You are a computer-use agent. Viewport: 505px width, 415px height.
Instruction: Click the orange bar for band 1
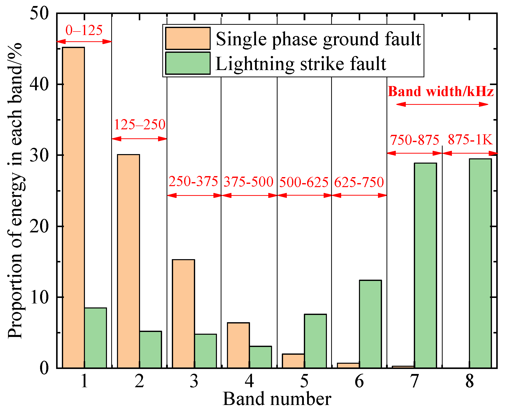click(73, 208)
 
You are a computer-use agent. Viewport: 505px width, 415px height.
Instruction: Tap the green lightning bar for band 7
click(425, 265)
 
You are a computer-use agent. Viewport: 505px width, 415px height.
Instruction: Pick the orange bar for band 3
click(183, 314)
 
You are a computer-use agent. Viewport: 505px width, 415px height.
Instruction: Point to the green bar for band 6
click(370, 324)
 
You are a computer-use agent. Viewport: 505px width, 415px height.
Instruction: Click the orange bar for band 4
click(238, 345)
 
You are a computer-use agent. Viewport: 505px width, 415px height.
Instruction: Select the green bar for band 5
click(315, 341)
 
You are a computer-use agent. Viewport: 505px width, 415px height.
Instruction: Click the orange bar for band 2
click(128, 261)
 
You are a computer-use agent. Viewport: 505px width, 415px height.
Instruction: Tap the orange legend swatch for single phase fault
click(188, 38)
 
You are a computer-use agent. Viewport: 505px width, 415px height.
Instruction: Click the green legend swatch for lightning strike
click(188, 63)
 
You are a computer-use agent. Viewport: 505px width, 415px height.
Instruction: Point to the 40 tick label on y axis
click(39, 85)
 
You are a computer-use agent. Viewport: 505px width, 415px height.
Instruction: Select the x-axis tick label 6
click(359, 381)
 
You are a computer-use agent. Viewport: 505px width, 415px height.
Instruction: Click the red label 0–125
click(84, 30)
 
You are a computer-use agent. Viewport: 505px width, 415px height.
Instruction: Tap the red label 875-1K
click(470, 139)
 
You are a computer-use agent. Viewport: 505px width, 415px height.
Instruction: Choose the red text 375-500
click(248, 182)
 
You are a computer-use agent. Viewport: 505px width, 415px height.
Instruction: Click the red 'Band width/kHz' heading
click(441, 91)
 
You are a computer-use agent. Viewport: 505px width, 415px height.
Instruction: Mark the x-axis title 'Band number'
click(277, 399)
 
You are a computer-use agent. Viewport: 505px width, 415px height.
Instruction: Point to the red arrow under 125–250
click(139, 139)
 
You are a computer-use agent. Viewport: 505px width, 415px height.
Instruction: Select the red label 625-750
click(359, 182)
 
